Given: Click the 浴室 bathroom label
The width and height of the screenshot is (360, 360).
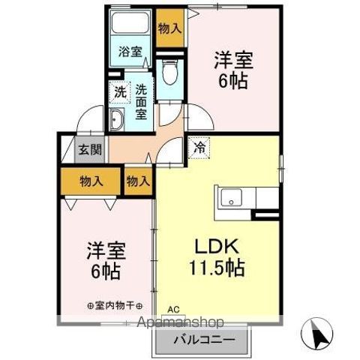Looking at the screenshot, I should pyautogui.click(x=130, y=52).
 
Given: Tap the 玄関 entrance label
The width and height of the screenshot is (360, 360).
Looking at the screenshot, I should pyautogui.click(x=91, y=148).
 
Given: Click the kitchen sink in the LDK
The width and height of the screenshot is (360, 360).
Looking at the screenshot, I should pyautogui.click(x=230, y=199).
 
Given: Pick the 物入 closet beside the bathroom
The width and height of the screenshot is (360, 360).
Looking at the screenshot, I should pyautogui.click(x=169, y=28).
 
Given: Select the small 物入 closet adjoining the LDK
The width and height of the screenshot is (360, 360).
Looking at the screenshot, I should pyautogui.click(x=138, y=181).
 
